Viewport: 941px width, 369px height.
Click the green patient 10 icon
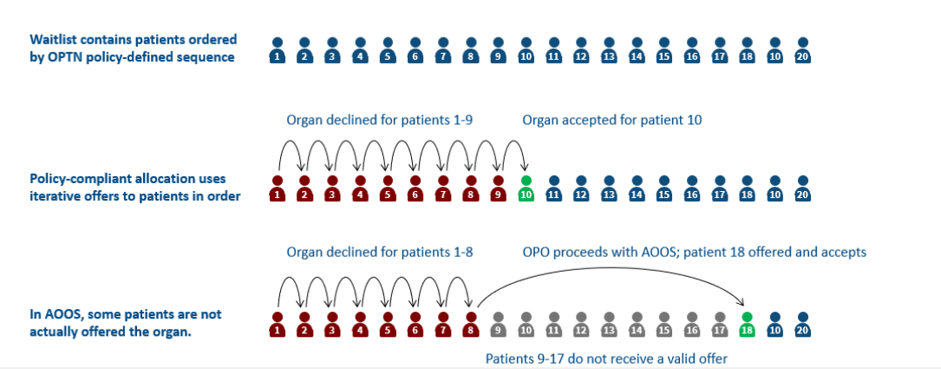coord(526,189)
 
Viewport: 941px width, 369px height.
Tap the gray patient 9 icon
coord(498,325)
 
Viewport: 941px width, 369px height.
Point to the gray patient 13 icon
coord(609,325)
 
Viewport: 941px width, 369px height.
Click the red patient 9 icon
coord(498,189)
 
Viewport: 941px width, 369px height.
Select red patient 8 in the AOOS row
coord(470,325)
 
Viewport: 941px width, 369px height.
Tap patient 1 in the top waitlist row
coord(277,51)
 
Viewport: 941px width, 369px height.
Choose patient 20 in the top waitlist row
coord(803,51)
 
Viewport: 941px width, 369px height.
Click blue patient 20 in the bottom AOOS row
coord(803,325)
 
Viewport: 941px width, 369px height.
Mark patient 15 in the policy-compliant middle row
coord(664,189)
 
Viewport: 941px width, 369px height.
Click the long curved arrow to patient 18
coord(607,271)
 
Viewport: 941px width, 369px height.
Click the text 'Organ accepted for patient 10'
coord(611,120)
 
